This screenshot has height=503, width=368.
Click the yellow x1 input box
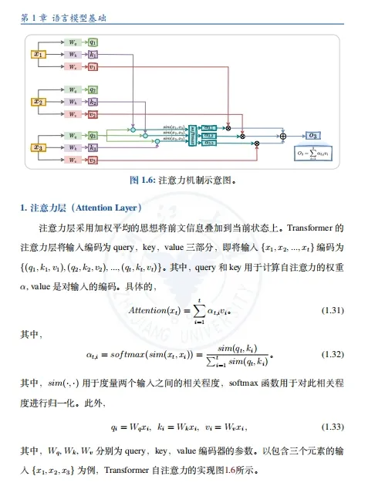[39, 54]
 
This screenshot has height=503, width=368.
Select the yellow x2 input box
[39, 101]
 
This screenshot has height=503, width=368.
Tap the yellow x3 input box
[39, 147]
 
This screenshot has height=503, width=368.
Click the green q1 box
[93, 42]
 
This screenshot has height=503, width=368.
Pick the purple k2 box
[93, 101]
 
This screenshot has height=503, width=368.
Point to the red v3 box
[93, 160]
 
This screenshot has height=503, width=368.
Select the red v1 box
[93, 66]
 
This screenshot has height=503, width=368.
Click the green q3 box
[93, 136]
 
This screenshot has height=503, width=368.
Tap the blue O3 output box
[314, 136]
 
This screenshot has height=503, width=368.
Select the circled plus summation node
[282, 137]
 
